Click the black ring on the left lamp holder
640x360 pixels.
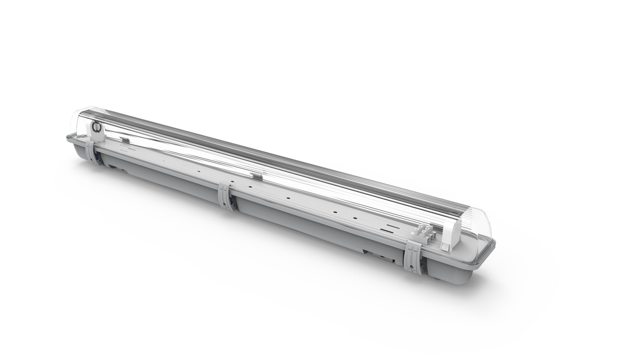97,127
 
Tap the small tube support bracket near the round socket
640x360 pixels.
125,141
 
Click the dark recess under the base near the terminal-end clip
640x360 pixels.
376,254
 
